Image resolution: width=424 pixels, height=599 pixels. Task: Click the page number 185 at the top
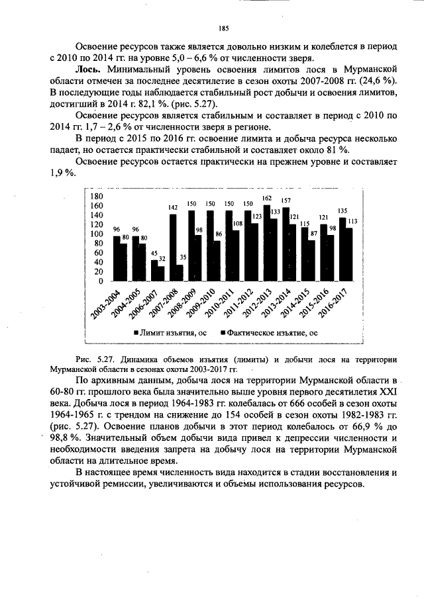pyautogui.click(x=223, y=28)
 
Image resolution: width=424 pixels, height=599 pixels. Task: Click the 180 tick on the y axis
pyautogui.click(x=96, y=197)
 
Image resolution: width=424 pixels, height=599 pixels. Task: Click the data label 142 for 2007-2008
pyautogui.click(x=173, y=208)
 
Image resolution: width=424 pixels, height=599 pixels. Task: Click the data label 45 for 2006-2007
pyautogui.click(x=154, y=253)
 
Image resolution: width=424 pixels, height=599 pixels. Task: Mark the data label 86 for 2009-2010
pyautogui.click(x=218, y=234)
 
